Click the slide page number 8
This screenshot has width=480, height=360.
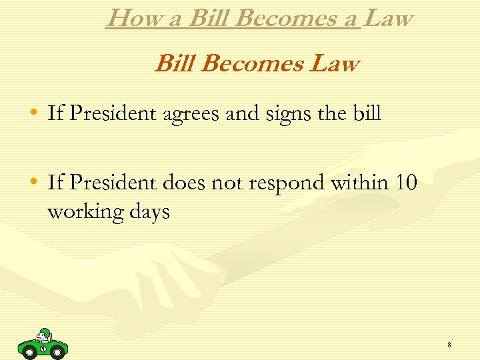pyautogui.click(x=449, y=345)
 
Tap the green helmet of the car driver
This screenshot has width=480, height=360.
pyautogui.click(x=45, y=333)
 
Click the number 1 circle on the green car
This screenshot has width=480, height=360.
pyautogui.click(x=43, y=348)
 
